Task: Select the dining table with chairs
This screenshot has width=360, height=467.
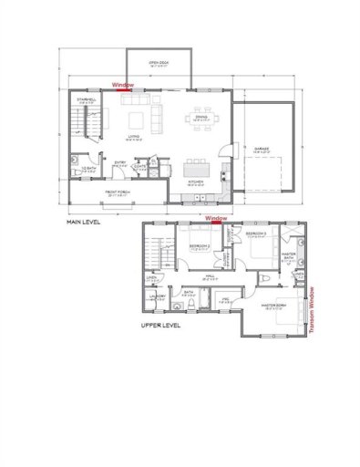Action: pos(201,118)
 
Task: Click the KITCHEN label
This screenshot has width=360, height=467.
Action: pos(194,182)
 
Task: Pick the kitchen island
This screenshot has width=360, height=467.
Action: pos(194,168)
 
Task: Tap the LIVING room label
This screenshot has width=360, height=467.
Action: pos(133,138)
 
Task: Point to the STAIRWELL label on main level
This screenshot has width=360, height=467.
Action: pos(87,100)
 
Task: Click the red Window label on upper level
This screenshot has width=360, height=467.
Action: pos(216,219)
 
